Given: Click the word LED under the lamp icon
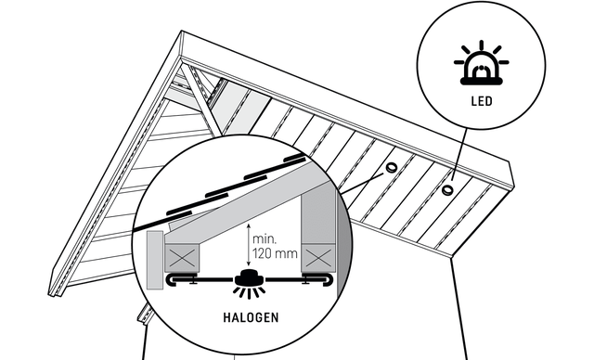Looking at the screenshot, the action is [x=482, y=101].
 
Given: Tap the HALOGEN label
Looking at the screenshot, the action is [x=251, y=317].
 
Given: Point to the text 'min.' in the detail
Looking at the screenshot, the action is [x=265, y=238].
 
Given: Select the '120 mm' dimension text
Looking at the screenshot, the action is [x=275, y=253].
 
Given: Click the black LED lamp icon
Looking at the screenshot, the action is [x=482, y=63].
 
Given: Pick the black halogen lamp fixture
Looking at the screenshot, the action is [x=249, y=279].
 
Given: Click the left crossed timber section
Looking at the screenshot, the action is [x=182, y=258].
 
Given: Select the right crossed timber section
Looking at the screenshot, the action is [x=318, y=258].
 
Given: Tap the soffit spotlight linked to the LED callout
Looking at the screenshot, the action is [x=447, y=188].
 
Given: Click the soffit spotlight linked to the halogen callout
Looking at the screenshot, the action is [x=391, y=167].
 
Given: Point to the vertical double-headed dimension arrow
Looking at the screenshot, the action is [x=248, y=245].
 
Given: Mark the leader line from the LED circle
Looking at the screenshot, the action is [x=459, y=154].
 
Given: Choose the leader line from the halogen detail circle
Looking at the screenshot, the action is [x=363, y=184].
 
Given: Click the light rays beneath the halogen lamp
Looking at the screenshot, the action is [x=249, y=292].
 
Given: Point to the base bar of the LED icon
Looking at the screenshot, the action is [x=482, y=81].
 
